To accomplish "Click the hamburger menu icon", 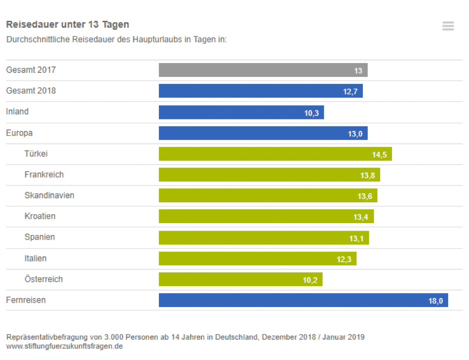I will [448, 26].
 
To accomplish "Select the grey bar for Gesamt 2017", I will [263, 70].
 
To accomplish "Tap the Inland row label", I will [17, 112].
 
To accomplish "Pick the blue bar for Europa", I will [263, 133].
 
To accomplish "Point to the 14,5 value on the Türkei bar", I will [379, 155].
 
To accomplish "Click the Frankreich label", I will [44, 175].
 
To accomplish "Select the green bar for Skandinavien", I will [268, 196].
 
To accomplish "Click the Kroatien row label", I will [40, 216].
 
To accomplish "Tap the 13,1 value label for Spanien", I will [356, 239].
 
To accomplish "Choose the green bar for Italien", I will [257, 259].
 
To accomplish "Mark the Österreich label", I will [44, 279].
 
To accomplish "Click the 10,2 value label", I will [310, 280].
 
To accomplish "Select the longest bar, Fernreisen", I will [303, 300].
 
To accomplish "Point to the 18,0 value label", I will [435, 301].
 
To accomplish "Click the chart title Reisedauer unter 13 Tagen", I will [67, 24].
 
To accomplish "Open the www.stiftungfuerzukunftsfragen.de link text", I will [65, 346].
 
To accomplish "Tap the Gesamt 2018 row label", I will [31, 91].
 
